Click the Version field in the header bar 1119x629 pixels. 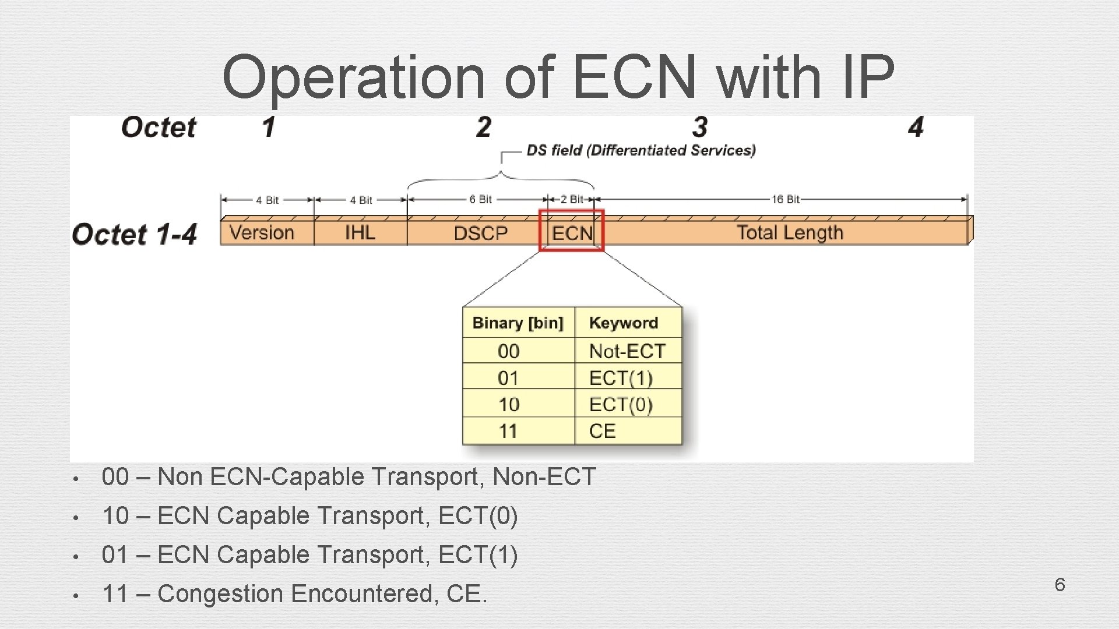(x=262, y=233)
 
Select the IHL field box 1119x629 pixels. (x=360, y=233)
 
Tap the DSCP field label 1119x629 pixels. (x=480, y=234)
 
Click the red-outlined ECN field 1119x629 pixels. (x=572, y=233)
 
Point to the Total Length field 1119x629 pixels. (x=790, y=233)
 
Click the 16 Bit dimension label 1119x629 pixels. (x=785, y=200)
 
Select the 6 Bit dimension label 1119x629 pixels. (x=480, y=200)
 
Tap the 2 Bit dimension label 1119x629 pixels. (x=571, y=200)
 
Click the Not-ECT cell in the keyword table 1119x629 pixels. (x=627, y=351)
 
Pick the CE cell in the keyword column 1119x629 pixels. (x=602, y=431)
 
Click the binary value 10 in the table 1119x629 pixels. (x=508, y=404)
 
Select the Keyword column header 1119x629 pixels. (x=623, y=323)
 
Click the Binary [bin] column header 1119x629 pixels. (x=518, y=323)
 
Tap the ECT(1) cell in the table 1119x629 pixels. (x=620, y=378)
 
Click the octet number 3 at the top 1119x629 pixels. (x=700, y=127)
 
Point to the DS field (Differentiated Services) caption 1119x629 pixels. (x=641, y=150)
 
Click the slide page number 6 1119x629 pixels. (x=1060, y=584)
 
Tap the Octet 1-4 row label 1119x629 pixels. (x=135, y=234)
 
